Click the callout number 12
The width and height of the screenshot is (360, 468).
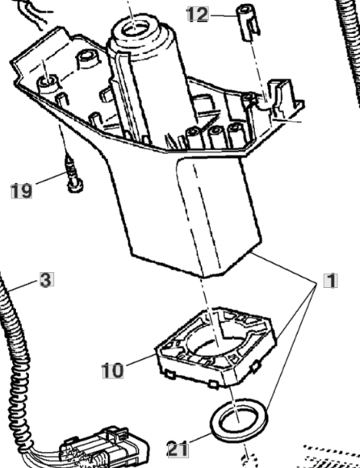coord(198,15)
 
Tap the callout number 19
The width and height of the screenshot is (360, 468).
coord(22,191)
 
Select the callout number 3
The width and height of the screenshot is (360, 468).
coord(47,279)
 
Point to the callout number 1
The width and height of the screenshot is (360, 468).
coord(331,281)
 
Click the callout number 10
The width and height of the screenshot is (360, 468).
coord(112,370)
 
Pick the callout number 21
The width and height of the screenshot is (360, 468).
coord(178,449)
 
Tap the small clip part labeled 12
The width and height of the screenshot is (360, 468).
coord(249,22)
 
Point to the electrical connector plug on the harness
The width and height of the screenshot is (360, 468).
coord(103,446)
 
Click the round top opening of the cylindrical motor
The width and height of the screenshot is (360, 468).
coord(136,29)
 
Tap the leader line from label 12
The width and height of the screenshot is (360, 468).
coord(223,15)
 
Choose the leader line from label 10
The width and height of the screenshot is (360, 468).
coord(140,360)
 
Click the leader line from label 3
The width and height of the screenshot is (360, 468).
coord(25,285)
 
